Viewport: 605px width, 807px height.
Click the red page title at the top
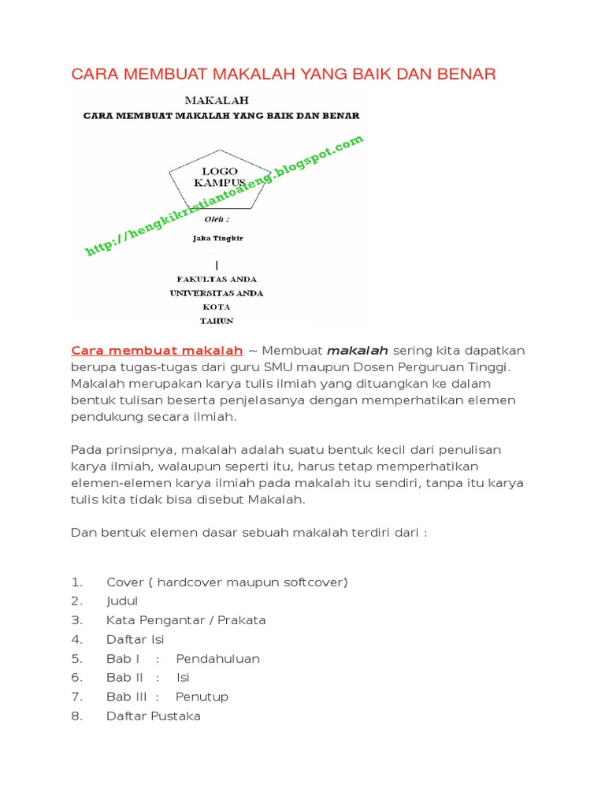pos(284,75)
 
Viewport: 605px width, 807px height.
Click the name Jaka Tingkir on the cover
pos(217,236)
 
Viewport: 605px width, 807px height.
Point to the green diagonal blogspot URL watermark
pos(225,195)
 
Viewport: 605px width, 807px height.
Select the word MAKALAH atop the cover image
pos(217,100)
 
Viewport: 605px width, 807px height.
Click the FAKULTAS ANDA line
pos(217,279)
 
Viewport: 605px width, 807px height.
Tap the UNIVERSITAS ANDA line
pos(217,292)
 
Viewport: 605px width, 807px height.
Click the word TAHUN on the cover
pos(217,321)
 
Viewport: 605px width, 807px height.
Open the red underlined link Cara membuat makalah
pos(157,350)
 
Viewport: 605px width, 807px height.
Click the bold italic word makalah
pos(357,350)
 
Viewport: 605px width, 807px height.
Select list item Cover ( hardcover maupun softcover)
pos(227,582)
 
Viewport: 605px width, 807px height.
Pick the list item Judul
pos(122,601)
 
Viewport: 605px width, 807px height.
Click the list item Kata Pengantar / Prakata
pos(186,620)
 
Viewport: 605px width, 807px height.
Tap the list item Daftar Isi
pos(135,639)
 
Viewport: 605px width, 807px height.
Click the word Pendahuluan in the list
pos(217,658)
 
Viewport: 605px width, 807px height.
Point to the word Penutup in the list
pos(202,697)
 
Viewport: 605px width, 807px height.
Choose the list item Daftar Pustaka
pos(154,716)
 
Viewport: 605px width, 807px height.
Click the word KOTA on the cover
pos(217,307)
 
